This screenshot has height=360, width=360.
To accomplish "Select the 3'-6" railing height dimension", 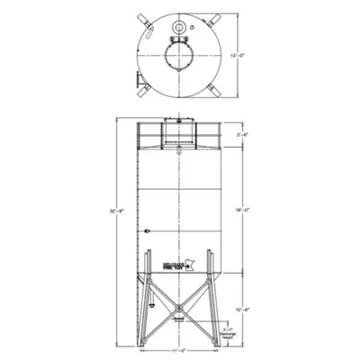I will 242,134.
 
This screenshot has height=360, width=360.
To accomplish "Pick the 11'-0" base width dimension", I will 177,351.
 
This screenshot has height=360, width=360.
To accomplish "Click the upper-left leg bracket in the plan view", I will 144,19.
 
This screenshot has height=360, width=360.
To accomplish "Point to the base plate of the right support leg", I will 218,341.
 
